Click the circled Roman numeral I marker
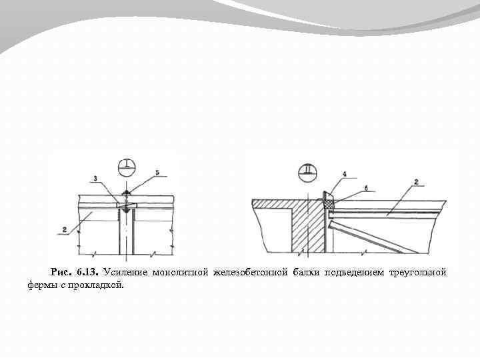point(125,165)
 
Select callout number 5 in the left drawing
point(157,172)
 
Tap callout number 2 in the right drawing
point(415,181)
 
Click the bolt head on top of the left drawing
point(126,194)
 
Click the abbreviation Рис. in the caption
point(60,273)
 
